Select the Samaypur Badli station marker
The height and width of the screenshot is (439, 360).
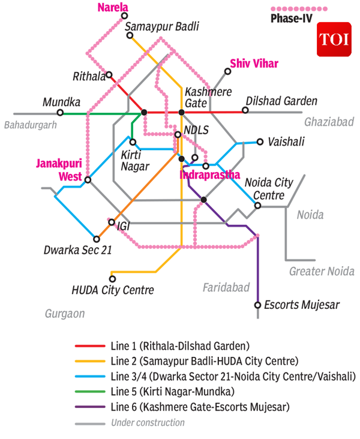pyautogui.click(x=130, y=35)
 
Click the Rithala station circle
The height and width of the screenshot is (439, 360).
pyautogui.click(x=110, y=76)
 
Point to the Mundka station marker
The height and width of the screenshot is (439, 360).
pyautogui.click(x=60, y=112)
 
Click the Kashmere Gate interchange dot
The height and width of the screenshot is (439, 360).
pyautogui.click(x=181, y=112)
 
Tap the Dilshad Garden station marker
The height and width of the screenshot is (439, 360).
pyautogui.click(x=245, y=110)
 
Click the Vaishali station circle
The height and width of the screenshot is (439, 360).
pyautogui.click(x=260, y=142)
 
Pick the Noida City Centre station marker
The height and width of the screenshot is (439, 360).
pyautogui.click(x=257, y=206)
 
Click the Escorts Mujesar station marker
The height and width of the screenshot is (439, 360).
pyautogui.click(x=257, y=305)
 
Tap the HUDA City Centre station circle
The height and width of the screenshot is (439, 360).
pyautogui.click(x=112, y=278)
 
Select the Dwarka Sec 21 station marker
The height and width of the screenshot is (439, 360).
pyautogui.click(x=96, y=239)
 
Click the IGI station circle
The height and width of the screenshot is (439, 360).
pyautogui.click(x=112, y=222)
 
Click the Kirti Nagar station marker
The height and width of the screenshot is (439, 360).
pyautogui.click(x=133, y=142)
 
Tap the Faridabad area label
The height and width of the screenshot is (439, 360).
pyautogui.click(x=226, y=288)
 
